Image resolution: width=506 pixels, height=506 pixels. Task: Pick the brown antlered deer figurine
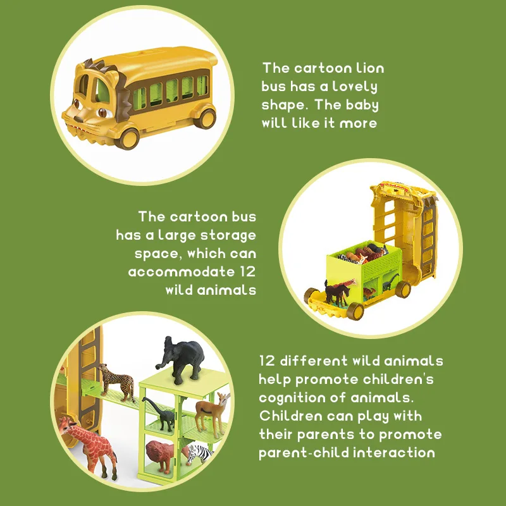click(211, 411)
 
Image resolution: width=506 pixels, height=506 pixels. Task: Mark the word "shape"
click(283, 105)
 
